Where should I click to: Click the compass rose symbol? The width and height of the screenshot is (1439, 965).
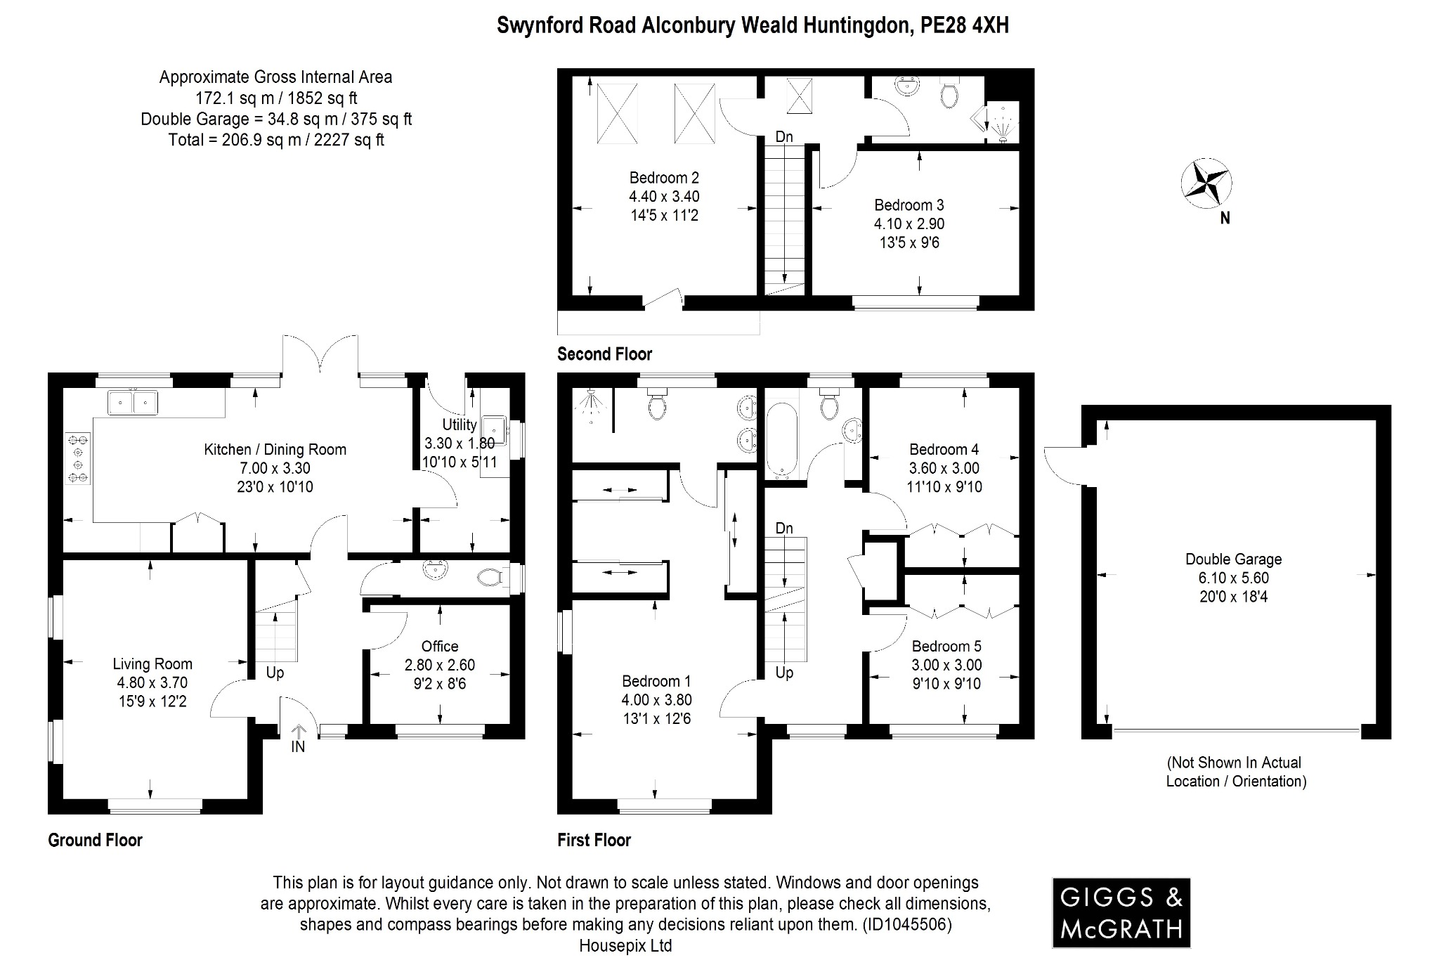1206,184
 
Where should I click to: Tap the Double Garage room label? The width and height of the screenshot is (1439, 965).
1233,559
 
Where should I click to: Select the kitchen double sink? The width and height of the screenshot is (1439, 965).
133,403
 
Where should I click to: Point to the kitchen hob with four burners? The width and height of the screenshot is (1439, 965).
77,458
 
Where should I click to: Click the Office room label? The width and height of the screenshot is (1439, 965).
440,646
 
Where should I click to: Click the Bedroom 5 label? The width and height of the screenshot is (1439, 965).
946,646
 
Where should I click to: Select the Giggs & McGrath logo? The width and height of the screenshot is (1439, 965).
1121,912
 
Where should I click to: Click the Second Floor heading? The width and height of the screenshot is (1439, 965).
604,354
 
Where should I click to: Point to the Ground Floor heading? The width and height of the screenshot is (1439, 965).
95,840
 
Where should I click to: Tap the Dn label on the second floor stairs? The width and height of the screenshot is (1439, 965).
784,137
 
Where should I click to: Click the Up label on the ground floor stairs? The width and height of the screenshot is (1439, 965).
275,673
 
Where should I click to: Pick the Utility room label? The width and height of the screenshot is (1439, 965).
460,425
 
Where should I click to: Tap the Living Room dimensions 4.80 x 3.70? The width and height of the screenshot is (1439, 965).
152,682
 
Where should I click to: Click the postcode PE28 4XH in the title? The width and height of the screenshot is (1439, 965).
964,25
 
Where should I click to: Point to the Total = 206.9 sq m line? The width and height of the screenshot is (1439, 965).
276,140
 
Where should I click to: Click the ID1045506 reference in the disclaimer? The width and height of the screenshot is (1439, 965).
907,924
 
